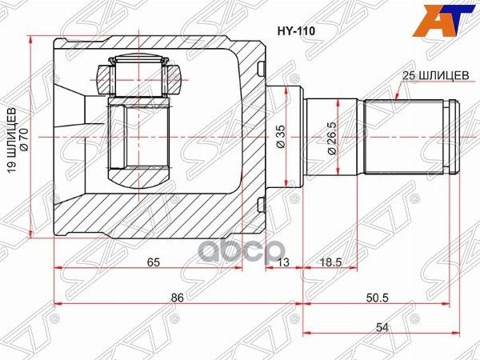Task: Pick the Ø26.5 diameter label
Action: point(330,138)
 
